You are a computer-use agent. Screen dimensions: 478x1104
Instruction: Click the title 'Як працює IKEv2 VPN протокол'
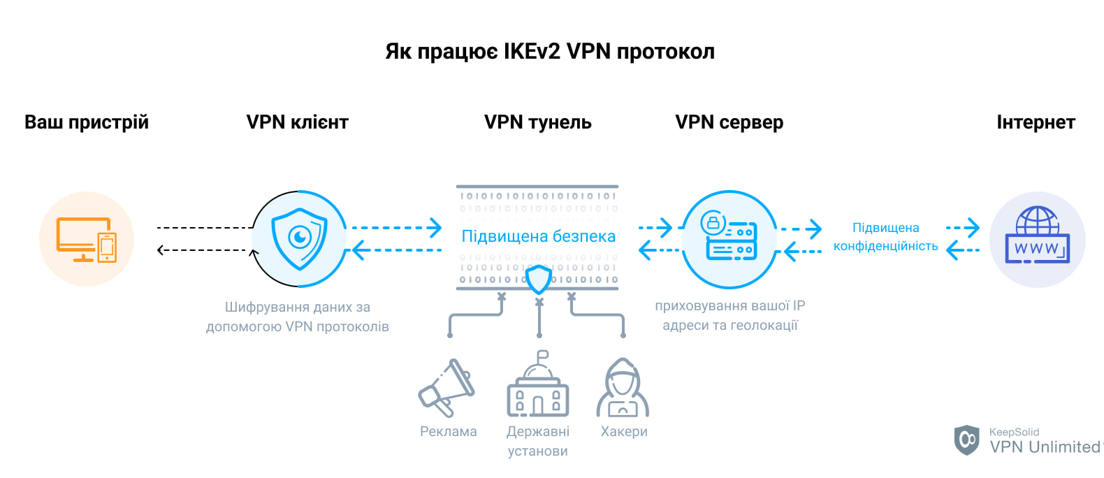[550, 52]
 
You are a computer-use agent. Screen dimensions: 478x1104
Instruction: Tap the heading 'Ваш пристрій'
[87, 122]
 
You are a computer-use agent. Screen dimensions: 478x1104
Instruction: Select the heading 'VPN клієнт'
[297, 122]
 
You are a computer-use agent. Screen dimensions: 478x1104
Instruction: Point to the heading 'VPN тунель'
[537, 122]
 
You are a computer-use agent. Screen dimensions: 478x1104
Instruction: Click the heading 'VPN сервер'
[729, 122]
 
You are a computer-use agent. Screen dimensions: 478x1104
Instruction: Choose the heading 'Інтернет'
[1036, 122]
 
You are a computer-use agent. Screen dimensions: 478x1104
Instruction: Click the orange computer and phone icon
[87, 239]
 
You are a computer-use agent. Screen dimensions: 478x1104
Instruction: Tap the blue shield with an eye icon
[299, 238]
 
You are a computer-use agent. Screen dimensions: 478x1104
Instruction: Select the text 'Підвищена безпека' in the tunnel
[538, 236]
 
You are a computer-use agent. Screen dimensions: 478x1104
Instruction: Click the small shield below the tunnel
[538, 280]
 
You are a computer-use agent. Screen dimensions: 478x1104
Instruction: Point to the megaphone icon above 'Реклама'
[446, 388]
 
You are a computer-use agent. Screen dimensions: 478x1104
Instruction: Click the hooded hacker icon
[623, 389]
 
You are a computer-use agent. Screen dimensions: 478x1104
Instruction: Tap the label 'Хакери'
[624, 432]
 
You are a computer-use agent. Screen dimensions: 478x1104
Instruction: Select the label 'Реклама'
[448, 432]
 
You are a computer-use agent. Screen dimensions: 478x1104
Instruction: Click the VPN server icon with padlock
[729, 238]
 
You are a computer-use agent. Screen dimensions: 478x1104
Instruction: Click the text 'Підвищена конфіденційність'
[885, 237]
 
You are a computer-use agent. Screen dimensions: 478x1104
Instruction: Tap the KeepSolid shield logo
[967, 440]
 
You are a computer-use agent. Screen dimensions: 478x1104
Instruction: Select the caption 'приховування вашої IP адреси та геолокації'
[729, 315]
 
